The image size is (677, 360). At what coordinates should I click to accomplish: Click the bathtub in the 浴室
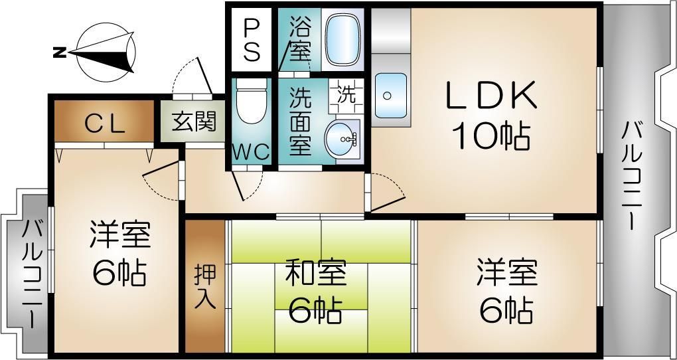click(343, 39)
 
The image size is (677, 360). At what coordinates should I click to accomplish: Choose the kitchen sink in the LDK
click(391, 96)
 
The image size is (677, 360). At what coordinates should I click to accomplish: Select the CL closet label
click(104, 123)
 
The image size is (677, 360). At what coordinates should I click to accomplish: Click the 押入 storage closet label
click(205, 286)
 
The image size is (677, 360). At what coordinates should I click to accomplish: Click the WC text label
click(251, 152)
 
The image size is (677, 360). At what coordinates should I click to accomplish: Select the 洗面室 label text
click(300, 123)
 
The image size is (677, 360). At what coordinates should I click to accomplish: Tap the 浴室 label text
click(299, 40)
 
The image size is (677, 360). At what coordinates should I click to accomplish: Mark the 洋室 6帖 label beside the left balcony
click(119, 253)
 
